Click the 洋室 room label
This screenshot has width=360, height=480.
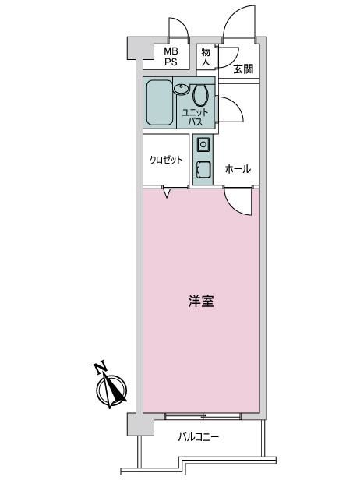coord(201,302)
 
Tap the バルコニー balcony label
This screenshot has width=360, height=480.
coord(199,437)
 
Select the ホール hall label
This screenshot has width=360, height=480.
coord(238,168)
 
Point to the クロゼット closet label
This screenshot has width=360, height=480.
coord(166,160)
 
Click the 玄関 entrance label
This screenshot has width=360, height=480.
coord(243,69)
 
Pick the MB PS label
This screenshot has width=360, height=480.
coord(171,57)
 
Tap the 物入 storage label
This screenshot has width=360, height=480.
coord(206,57)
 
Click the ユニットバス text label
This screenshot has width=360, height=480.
coord(195,117)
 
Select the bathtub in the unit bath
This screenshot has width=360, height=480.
coord(159,103)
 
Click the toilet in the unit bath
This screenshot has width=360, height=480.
coord(200,95)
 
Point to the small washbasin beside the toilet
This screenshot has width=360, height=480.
coord(182,89)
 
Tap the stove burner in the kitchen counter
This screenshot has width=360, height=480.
coord(203,144)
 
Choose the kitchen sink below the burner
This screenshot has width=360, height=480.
coord(203,169)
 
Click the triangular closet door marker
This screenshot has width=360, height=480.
coord(167,193)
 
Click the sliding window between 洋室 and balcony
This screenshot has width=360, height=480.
coord(203,416)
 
